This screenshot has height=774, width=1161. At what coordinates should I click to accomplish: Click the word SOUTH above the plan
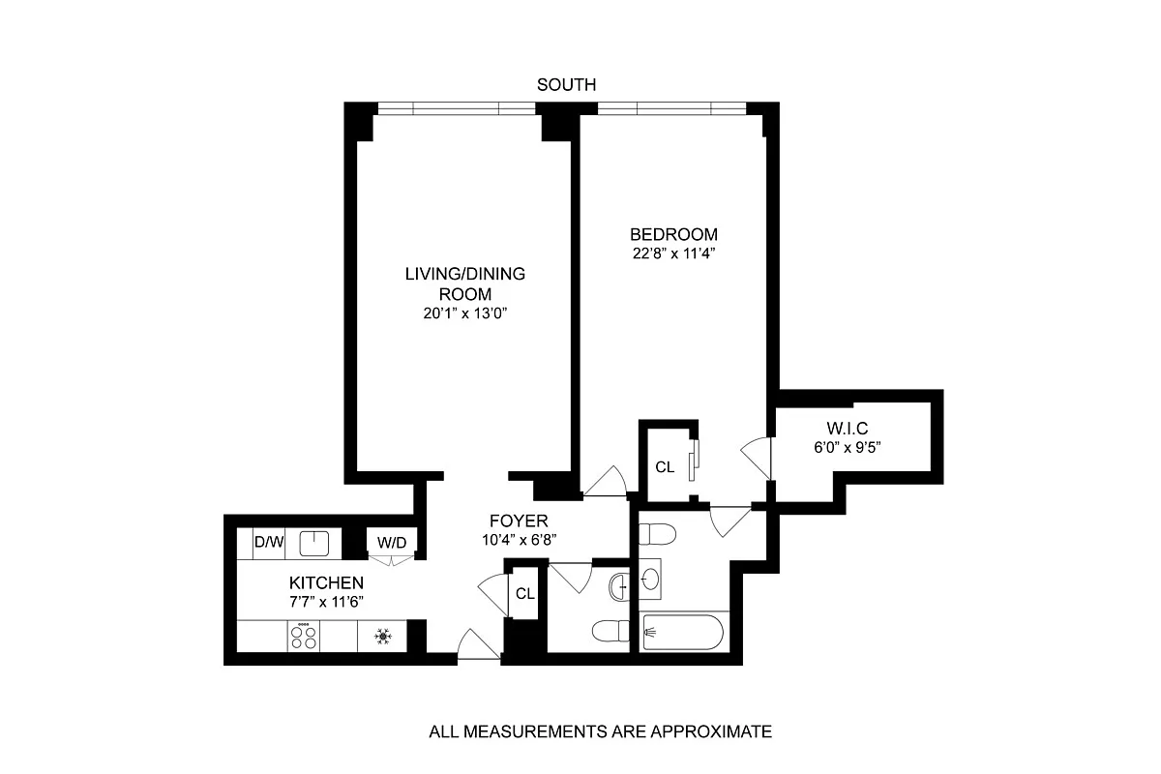(x=566, y=85)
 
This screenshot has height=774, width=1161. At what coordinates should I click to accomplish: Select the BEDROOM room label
(x=673, y=234)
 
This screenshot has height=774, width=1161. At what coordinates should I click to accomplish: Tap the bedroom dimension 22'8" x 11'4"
(x=673, y=255)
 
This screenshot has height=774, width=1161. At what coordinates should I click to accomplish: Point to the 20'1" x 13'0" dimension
(x=464, y=313)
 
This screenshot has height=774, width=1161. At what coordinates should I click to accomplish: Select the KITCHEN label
(x=326, y=583)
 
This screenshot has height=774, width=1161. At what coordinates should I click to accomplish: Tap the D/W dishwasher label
(x=268, y=543)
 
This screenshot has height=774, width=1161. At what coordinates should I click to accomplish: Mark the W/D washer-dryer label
(x=391, y=543)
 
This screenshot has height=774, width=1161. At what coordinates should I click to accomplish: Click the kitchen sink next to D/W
(x=314, y=543)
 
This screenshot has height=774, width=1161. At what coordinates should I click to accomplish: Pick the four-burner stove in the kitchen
(x=306, y=637)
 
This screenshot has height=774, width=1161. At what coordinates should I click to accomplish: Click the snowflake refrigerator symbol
(x=381, y=637)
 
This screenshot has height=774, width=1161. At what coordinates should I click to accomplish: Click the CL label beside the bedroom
(x=665, y=467)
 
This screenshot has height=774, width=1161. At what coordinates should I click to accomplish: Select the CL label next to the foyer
(x=524, y=594)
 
